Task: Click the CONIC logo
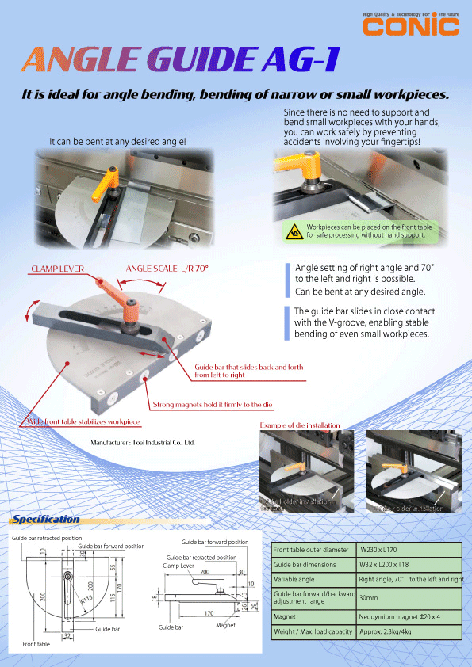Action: [411, 26]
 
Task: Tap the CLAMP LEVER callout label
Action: [57, 269]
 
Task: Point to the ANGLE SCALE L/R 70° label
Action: [167, 269]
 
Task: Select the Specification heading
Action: [45, 520]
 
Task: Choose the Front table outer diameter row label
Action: [312, 549]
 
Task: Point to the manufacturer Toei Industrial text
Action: [143, 442]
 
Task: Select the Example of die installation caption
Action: [309, 426]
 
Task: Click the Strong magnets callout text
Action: [212, 405]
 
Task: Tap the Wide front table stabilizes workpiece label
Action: [83, 421]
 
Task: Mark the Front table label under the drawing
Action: [36, 645]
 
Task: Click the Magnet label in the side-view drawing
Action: [225, 625]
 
